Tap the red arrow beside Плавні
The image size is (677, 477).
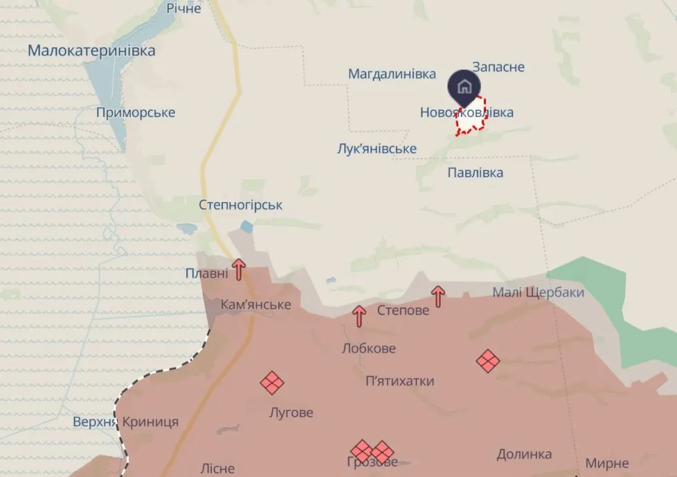(238, 269)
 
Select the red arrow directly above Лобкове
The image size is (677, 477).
(359, 316)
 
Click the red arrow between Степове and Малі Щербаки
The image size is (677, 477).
(437, 296)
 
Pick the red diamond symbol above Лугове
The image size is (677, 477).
(272, 382)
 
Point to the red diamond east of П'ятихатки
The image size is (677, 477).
(488, 361)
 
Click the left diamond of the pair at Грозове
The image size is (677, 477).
(362, 451)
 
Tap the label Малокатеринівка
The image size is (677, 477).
(91, 51)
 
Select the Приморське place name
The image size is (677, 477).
(136, 113)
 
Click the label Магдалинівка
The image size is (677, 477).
(392, 74)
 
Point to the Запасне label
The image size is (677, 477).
(498, 67)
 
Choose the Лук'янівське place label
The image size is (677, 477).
(377, 149)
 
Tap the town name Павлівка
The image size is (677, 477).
(475, 172)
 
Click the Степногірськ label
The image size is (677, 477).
(240, 206)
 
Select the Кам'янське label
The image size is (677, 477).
(255, 305)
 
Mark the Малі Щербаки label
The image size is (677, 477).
(538, 293)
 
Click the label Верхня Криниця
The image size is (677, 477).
(125, 422)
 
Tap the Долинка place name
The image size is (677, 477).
(524, 454)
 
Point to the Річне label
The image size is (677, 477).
(183, 8)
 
